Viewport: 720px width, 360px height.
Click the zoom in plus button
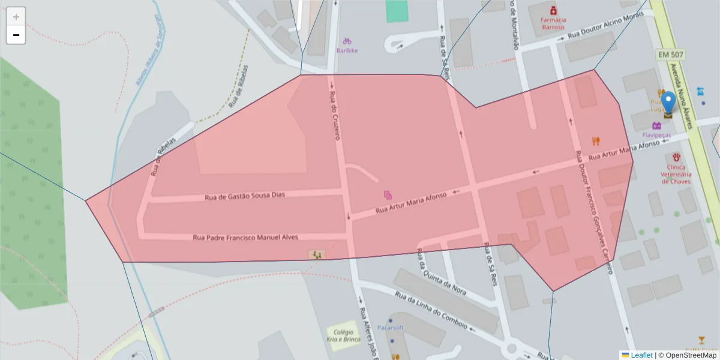click(x=16, y=16)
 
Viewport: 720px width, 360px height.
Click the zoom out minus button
click(x=16, y=35)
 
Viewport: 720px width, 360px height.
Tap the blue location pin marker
click(x=668, y=103)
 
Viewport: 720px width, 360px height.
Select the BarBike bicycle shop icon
click(x=347, y=41)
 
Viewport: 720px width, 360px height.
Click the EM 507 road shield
click(x=671, y=55)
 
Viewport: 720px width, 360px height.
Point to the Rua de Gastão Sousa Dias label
click(x=244, y=196)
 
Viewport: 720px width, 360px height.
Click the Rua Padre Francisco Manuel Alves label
click(x=245, y=237)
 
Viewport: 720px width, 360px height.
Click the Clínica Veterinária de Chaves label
click(x=676, y=174)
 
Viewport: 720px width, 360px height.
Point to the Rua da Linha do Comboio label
click(x=431, y=310)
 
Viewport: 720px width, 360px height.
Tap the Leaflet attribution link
click(x=641, y=355)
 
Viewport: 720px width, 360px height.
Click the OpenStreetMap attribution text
click(x=687, y=355)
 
